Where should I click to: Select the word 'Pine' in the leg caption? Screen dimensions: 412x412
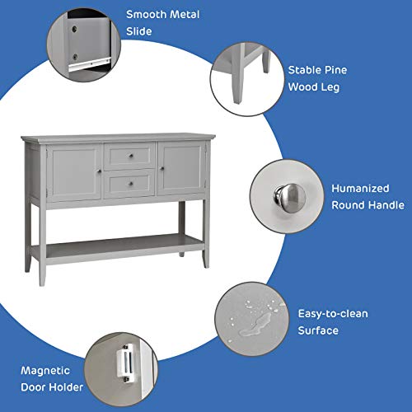point(325,71)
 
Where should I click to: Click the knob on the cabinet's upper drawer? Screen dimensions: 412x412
point(130,156)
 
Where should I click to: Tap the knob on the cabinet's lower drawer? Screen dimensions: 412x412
point(130,184)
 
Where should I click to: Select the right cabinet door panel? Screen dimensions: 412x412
point(180,170)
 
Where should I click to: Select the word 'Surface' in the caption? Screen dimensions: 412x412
point(319,330)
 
